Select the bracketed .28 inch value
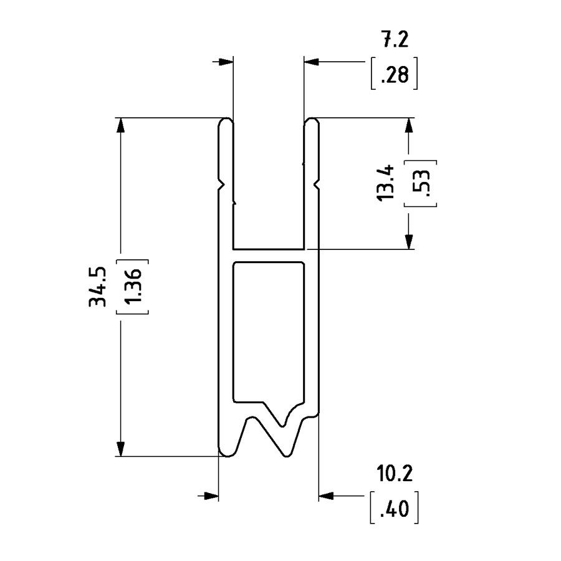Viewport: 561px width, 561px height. (x=393, y=76)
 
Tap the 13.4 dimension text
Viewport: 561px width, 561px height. (x=386, y=182)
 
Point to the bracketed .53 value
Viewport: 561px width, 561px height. (x=420, y=182)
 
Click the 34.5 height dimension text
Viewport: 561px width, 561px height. (x=98, y=287)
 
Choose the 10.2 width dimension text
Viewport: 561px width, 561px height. (x=395, y=474)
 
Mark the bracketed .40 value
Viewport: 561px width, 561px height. (x=394, y=509)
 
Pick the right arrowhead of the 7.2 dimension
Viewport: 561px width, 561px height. (x=312, y=62)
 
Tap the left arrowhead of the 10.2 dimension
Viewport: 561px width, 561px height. (x=212, y=496)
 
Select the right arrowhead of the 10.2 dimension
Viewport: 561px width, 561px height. (x=326, y=496)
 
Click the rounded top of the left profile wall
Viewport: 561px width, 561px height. (x=226, y=122)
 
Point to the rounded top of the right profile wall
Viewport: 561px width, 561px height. (x=312, y=122)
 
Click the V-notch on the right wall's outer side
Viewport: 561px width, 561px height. (x=316, y=185)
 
